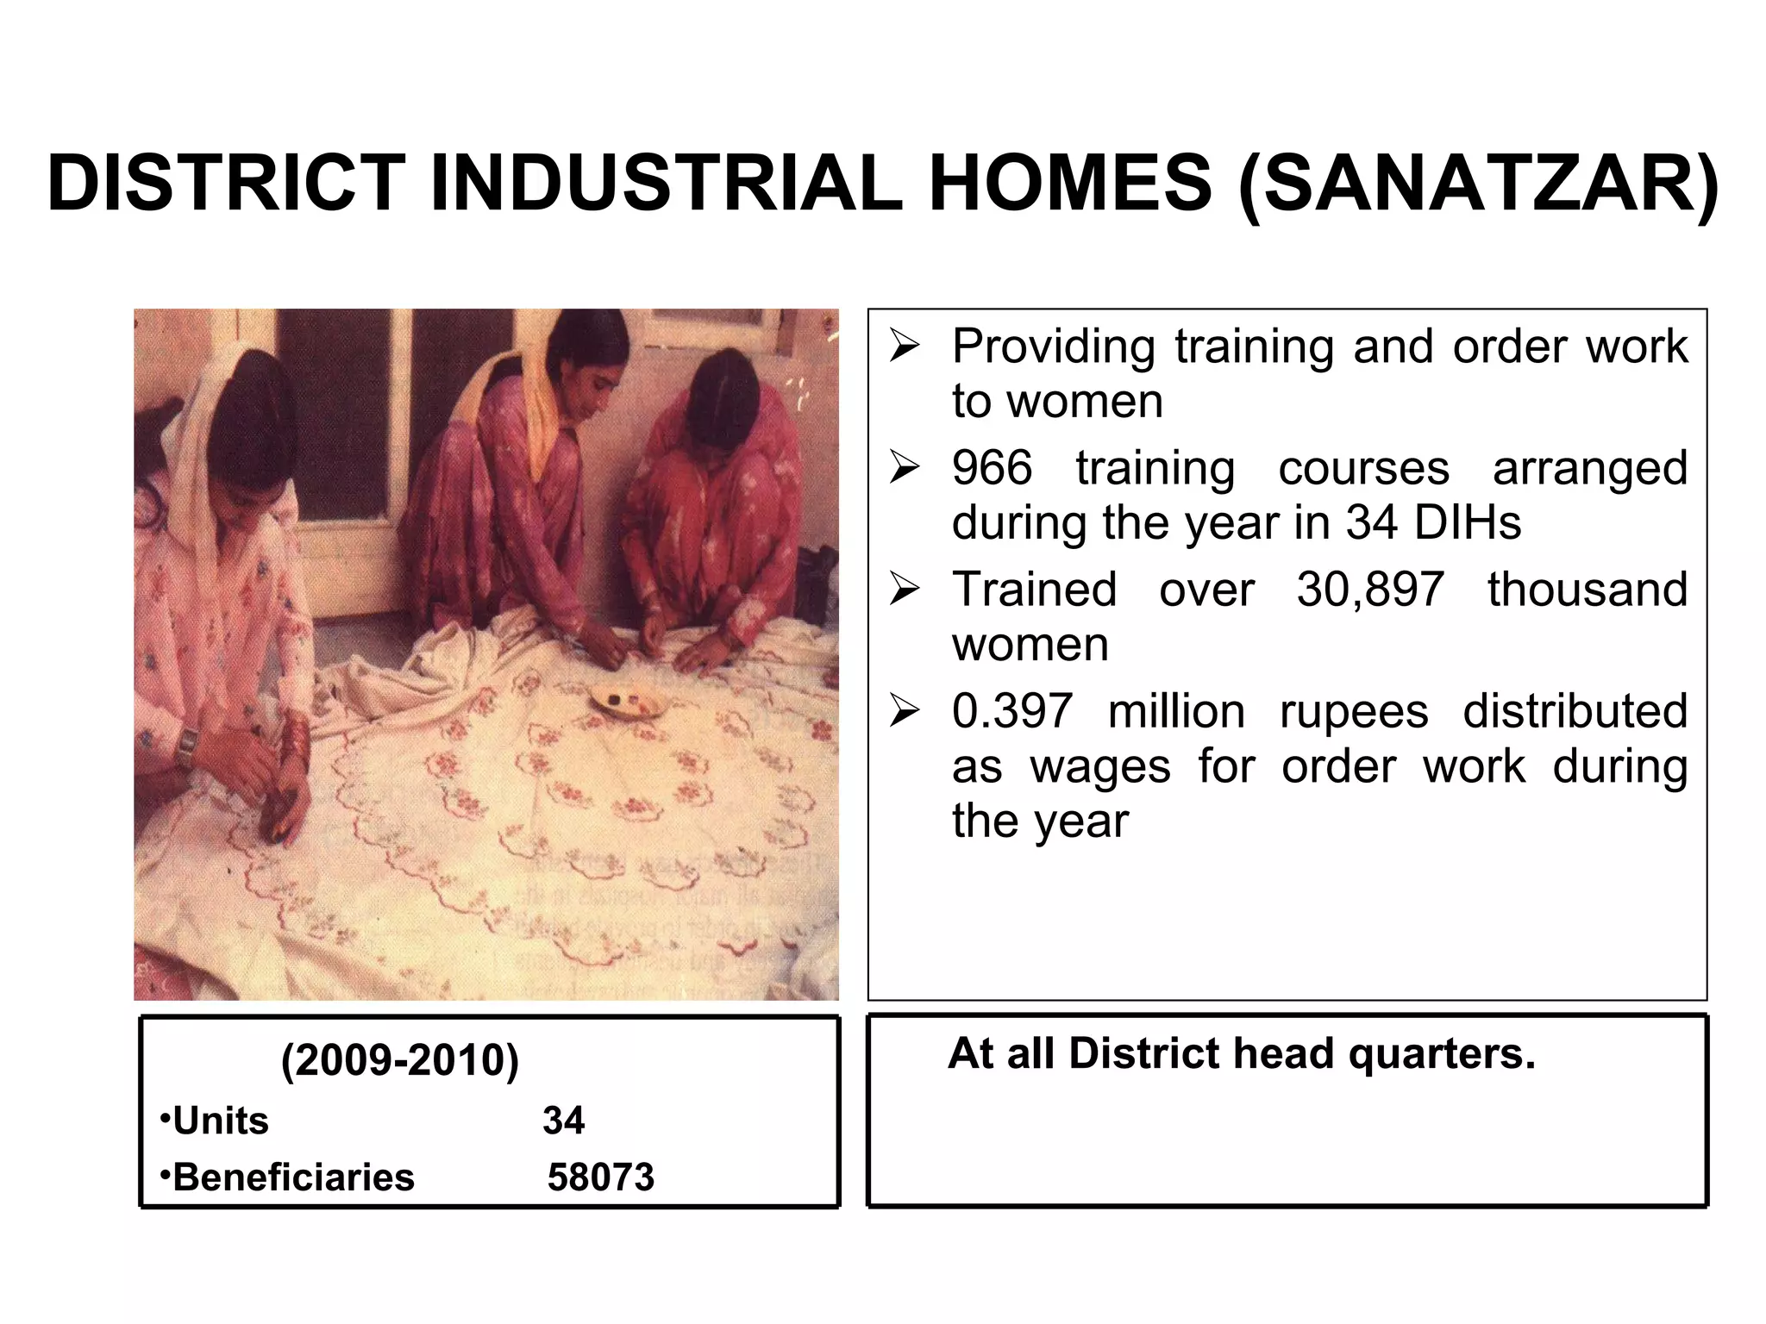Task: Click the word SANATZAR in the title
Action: point(1477,184)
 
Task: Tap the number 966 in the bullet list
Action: point(992,470)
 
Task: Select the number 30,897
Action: point(1370,591)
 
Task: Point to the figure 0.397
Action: point(1011,713)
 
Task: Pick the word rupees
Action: point(1354,713)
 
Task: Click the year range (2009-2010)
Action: point(400,1060)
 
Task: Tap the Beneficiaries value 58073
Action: point(601,1177)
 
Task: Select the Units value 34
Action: point(563,1121)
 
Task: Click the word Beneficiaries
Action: point(293,1177)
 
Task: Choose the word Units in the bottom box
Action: point(221,1121)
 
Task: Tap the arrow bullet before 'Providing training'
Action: point(905,347)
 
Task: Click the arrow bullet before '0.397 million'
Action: point(905,712)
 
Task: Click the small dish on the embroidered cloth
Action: point(627,701)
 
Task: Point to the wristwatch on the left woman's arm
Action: point(185,747)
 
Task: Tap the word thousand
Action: point(1587,591)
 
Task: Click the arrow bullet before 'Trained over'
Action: point(905,590)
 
